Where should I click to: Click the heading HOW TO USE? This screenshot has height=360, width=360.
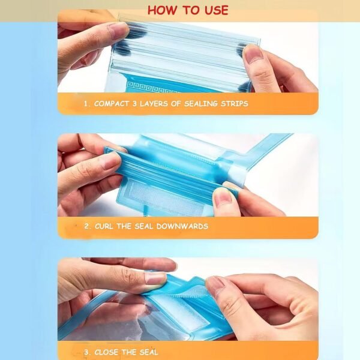pos(188,10)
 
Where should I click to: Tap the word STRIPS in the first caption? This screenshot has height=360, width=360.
pos(230,104)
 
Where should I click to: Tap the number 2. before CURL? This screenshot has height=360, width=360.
pos(88,226)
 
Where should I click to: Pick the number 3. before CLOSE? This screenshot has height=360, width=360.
pos(88,351)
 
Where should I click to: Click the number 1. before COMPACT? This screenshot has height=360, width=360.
pos(88,104)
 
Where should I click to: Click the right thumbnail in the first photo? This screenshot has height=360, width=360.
pos(253,55)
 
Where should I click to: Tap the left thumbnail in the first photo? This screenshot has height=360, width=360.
pos(118,31)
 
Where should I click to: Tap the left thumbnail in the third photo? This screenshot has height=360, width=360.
pos(155,278)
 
